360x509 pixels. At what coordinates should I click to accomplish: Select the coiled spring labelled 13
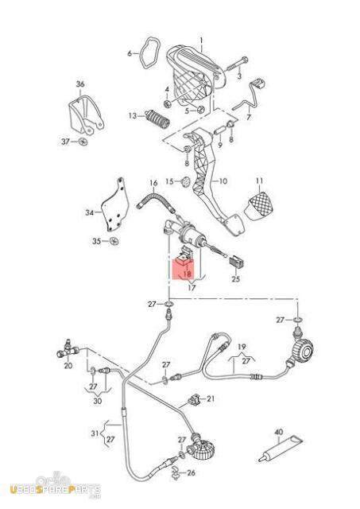point(157,119)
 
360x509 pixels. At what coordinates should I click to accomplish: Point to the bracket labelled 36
point(85,115)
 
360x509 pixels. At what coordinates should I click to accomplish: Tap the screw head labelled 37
point(83,142)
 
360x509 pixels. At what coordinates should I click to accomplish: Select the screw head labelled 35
point(114,241)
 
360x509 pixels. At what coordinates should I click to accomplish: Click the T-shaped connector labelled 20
point(68,350)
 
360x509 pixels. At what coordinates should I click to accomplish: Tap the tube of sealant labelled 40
point(281,448)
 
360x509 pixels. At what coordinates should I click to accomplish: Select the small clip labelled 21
point(195,400)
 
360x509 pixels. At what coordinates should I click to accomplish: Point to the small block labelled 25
point(237,262)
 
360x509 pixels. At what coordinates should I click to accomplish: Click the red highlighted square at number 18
point(184,269)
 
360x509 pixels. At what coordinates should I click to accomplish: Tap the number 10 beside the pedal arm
point(223,181)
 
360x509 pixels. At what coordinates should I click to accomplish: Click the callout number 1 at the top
point(201,41)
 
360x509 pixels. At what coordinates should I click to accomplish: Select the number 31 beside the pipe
point(95,433)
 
